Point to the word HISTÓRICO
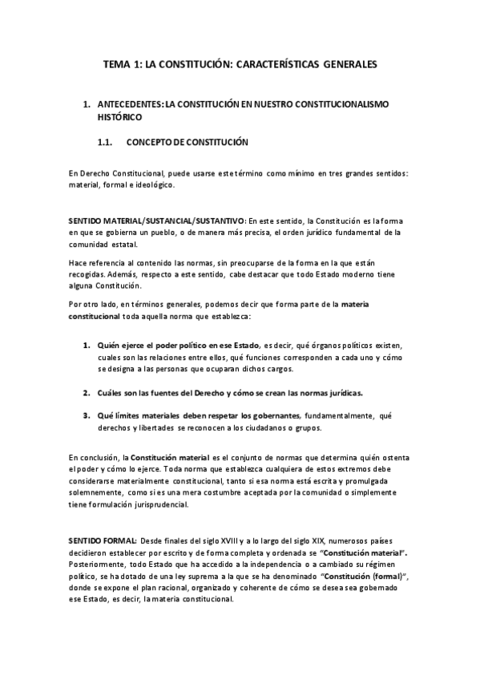[x=119, y=116]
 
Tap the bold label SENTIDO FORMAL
[x=102, y=541]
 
